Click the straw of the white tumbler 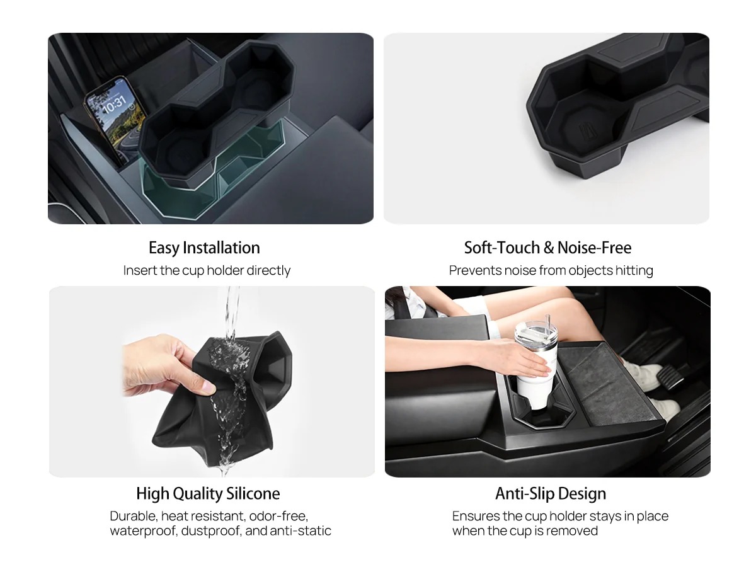point(548,322)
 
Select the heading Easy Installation point(204,248)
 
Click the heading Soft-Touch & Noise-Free point(547,248)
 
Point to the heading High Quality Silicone point(208,493)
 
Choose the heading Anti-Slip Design point(551,493)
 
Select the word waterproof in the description point(143,531)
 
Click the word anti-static point(301,530)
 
